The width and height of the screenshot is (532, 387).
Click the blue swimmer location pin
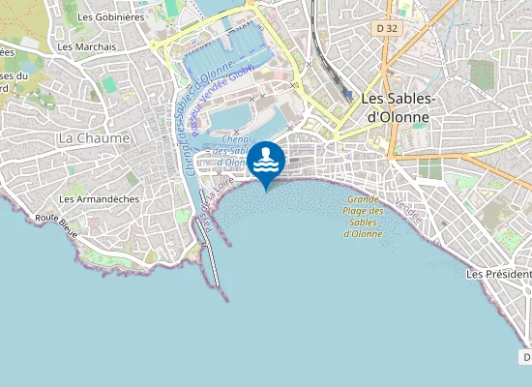pyautogui.click(x=266, y=161)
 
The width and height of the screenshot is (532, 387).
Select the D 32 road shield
pyautogui.click(x=387, y=28)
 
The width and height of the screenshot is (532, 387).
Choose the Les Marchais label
pyautogui.click(x=86, y=46)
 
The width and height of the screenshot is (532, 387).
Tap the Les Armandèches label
pyautogui.click(x=99, y=199)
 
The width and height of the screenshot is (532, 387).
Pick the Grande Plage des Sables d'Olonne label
pyautogui.click(x=365, y=217)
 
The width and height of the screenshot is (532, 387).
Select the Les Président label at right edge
pyautogui.click(x=498, y=274)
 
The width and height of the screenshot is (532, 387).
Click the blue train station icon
pyautogui.click(x=347, y=95)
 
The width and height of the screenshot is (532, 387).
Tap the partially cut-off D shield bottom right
pyautogui.click(x=526, y=357)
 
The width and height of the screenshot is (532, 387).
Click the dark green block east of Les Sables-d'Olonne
pyautogui.click(x=429, y=170)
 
